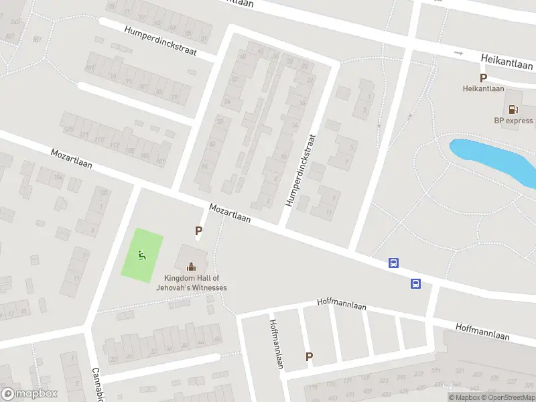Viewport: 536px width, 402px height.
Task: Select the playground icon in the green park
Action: (x=141, y=254)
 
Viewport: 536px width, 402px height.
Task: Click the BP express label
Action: (x=513, y=121)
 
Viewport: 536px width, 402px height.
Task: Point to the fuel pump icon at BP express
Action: (x=513, y=109)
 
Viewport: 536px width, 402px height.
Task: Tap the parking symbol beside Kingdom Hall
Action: (x=198, y=231)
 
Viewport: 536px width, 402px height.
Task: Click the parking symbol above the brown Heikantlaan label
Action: (x=483, y=77)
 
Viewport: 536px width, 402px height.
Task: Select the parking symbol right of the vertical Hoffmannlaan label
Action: (x=309, y=357)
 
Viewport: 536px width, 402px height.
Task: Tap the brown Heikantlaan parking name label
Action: (x=483, y=88)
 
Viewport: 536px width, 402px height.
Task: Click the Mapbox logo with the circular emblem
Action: (x=29, y=394)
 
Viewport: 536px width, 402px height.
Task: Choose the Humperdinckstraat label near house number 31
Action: (x=160, y=41)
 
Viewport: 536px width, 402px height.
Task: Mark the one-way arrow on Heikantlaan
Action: (x=458, y=53)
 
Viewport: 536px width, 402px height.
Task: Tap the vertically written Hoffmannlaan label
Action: (x=275, y=343)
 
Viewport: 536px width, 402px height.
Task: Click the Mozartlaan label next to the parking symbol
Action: (x=230, y=214)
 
